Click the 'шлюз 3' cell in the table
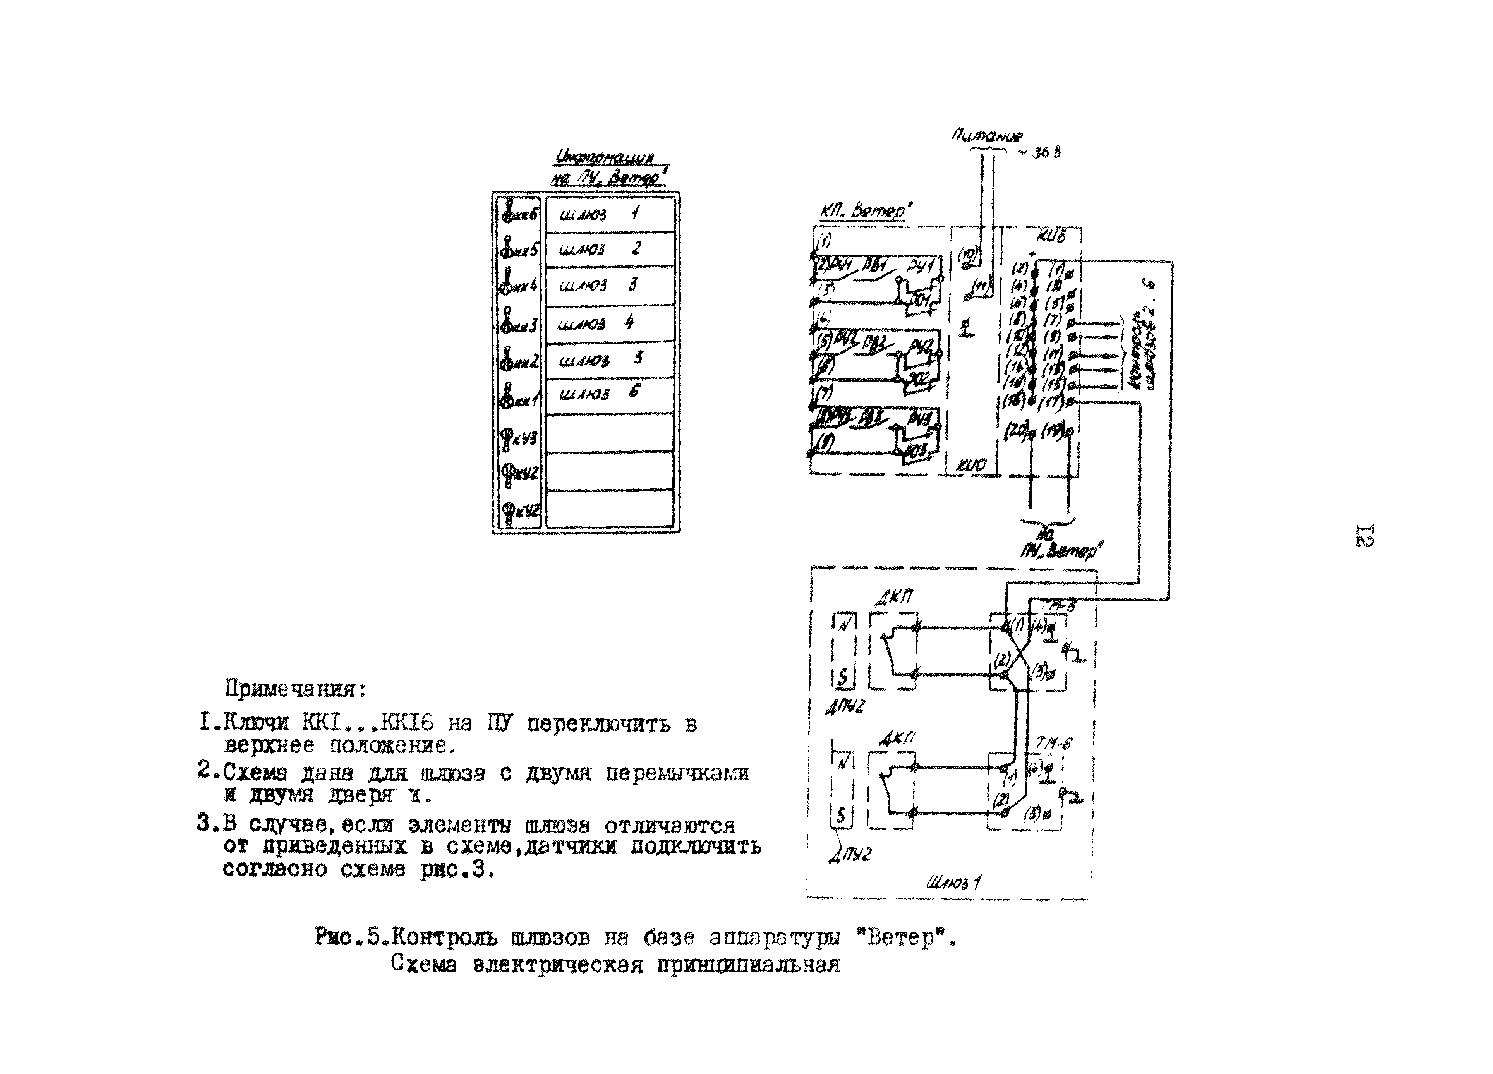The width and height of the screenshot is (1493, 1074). coord(609,286)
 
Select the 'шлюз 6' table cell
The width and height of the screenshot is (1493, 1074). coord(609,394)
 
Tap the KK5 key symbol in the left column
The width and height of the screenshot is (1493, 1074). coord(519,250)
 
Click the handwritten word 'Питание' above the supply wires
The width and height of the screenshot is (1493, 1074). coord(986,136)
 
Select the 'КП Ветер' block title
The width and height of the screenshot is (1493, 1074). coord(865,211)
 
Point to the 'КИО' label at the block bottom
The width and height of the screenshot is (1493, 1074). coord(971,465)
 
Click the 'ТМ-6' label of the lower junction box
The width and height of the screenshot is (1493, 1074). coord(1053,743)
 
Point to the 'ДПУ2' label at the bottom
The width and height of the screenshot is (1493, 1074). coord(850,854)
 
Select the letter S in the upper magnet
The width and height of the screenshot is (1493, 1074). coord(843,677)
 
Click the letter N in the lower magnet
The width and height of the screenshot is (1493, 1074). coord(843,763)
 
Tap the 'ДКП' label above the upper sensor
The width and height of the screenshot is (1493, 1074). coord(893,598)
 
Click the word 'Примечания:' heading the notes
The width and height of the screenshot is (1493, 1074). coord(296,689)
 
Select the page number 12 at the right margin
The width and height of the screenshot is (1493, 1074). coord(1365,536)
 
